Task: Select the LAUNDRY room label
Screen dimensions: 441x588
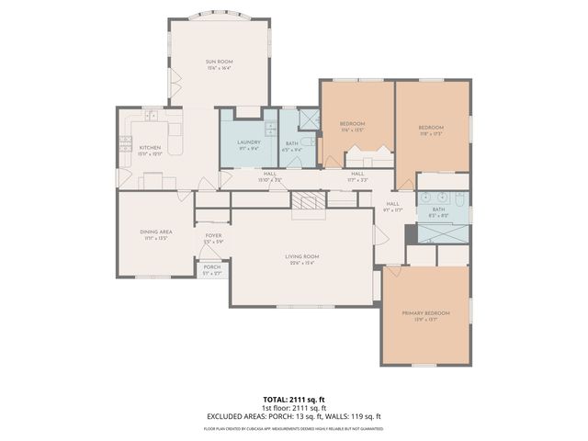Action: (248, 141)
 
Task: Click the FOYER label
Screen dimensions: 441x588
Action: (213, 235)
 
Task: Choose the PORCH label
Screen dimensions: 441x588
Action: (212, 266)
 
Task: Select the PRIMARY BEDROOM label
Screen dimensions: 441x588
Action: (425, 313)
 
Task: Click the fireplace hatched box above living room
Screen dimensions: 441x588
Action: (308, 201)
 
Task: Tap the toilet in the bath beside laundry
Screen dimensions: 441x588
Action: (309, 142)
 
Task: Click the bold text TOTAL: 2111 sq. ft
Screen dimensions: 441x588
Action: (294, 401)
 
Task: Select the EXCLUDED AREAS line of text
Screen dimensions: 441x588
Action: (294, 416)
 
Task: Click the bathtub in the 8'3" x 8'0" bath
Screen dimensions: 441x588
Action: (441, 232)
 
